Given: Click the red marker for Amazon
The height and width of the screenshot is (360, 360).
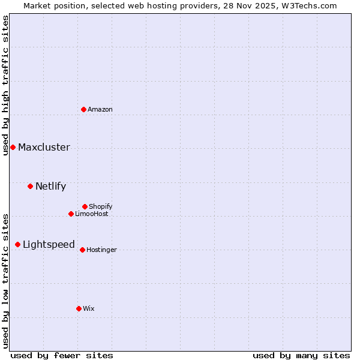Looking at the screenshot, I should (83, 109).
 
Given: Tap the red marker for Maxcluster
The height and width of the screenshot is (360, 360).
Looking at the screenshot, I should (13, 147).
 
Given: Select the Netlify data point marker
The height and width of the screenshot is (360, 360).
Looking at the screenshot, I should (30, 186).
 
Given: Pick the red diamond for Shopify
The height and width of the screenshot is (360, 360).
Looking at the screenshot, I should (85, 206).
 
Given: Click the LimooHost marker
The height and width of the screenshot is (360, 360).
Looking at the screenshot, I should (71, 214).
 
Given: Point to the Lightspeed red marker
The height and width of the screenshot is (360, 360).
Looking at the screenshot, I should (17, 244).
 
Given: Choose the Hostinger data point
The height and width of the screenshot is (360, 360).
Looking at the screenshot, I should (82, 250).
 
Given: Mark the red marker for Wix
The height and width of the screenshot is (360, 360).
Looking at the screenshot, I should (79, 308).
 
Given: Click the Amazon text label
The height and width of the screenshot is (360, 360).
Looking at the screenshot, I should (100, 109).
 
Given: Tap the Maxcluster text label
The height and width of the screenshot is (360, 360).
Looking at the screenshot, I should (44, 148).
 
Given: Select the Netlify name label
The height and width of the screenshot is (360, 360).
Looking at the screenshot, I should (50, 187).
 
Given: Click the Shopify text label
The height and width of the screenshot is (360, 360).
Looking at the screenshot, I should (101, 206).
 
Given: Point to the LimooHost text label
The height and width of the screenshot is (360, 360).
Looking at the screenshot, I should (92, 214).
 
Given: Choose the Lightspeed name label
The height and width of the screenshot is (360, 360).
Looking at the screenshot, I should (49, 245).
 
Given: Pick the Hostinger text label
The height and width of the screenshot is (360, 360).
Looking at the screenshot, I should (102, 250).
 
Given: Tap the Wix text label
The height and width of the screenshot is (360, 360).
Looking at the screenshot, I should (89, 308).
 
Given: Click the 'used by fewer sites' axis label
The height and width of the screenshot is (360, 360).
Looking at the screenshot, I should (62, 355).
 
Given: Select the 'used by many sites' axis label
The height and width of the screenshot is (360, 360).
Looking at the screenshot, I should (301, 355).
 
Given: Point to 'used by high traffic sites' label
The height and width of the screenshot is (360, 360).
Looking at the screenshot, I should (5, 85).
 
